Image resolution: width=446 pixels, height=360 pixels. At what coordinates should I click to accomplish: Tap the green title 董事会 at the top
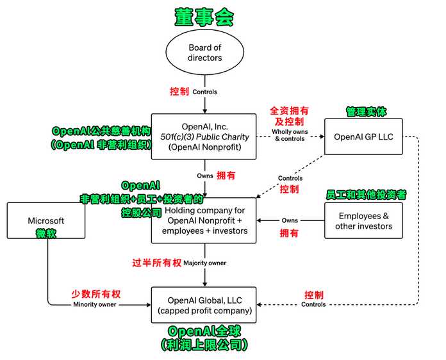pyautogui.click(x=204, y=17)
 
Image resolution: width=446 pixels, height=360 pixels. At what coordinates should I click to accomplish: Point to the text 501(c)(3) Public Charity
pyautogui.click(x=204, y=137)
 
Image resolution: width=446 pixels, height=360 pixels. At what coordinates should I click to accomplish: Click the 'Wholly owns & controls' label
pyautogui.click(x=290, y=135)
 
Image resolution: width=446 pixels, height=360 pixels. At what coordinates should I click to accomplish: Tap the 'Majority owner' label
pyautogui.click(x=205, y=263)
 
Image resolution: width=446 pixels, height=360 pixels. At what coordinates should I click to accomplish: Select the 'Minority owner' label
pyautogui.click(x=95, y=304)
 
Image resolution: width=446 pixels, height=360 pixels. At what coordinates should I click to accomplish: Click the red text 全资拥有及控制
pyautogui.click(x=289, y=116)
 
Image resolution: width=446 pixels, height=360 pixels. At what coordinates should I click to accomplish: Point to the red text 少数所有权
pyautogui.click(x=96, y=294)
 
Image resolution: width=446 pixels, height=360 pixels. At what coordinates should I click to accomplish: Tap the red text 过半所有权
pyautogui.click(x=157, y=263)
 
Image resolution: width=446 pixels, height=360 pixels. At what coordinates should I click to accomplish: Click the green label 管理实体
pyautogui.click(x=366, y=111)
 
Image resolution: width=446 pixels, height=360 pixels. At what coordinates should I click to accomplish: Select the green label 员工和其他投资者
pyautogui.click(x=366, y=195)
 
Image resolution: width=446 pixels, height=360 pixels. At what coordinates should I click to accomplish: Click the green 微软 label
pyautogui.click(x=46, y=233)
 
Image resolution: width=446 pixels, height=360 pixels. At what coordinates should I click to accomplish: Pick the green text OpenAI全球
pyautogui.click(x=204, y=331)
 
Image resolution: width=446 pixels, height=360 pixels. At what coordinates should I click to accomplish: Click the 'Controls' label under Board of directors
pyautogui.click(x=205, y=92)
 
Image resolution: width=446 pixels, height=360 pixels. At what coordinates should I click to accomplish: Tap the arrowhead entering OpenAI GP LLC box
pyautogui.click(x=322, y=136)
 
